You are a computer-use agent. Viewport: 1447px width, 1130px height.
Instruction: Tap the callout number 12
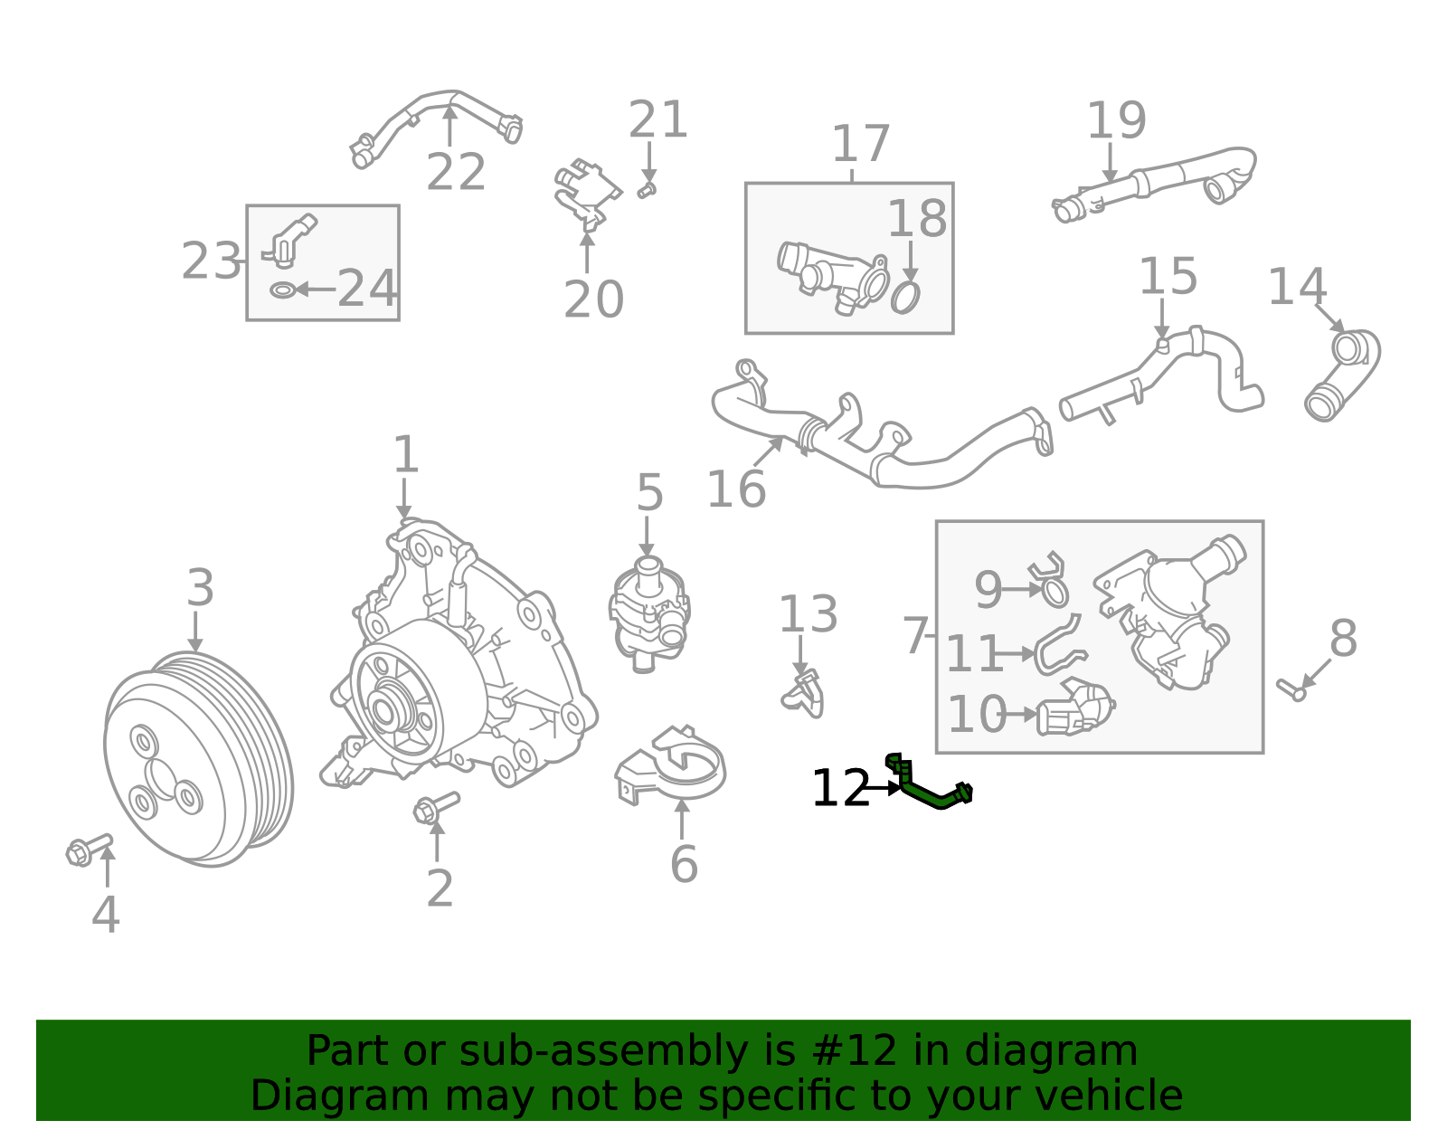pos(841,788)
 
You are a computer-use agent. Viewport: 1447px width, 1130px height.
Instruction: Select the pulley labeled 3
pos(198,759)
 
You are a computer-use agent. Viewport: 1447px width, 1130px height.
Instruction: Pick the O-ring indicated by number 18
pos(905,297)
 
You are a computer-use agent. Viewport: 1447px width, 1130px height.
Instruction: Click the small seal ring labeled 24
pos(283,290)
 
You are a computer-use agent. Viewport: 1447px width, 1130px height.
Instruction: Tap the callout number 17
pos(861,144)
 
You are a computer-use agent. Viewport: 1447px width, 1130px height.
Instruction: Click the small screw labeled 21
pos(647,190)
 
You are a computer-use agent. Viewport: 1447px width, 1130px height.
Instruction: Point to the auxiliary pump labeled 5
pos(650,614)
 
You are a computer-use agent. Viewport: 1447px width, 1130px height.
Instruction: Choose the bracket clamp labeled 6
pos(670,765)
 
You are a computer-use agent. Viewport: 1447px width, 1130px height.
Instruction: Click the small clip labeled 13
pos(804,695)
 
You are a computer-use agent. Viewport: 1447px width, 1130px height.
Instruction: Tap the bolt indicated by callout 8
pos(1291,690)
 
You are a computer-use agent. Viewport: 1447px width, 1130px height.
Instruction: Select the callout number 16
pos(736,489)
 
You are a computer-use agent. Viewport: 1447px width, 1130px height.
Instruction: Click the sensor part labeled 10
pos(1074,709)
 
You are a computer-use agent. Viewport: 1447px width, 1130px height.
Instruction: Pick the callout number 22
pos(456,172)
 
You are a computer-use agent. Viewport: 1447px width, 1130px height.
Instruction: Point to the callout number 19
pos(1117,120)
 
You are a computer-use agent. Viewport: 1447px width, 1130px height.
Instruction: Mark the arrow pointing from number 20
pos(587,253)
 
